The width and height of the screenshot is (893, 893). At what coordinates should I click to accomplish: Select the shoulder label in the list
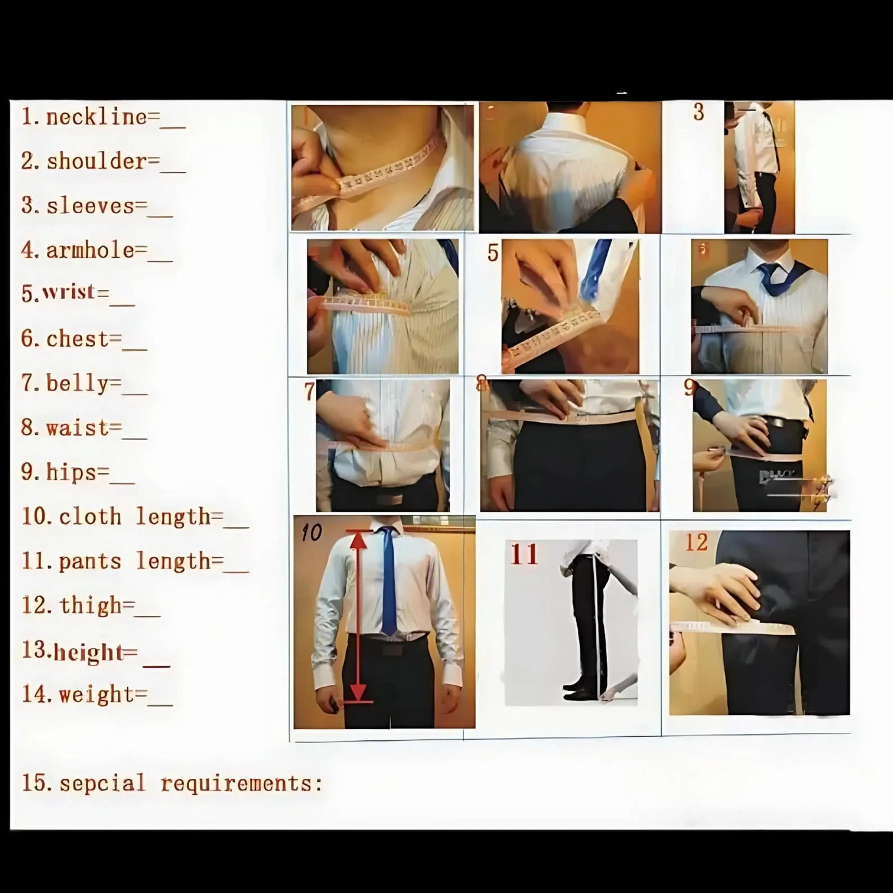(x=96, y=161)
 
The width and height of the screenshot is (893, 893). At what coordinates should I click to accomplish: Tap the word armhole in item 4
(x=90, y=250)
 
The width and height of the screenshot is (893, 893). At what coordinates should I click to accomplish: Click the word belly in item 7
(x=77, y=384)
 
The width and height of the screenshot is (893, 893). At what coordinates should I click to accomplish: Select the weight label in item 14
(x=96, y=695)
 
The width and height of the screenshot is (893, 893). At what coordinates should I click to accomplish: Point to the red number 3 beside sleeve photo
(x=698, y=112)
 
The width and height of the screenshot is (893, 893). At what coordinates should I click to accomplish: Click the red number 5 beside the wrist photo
(x=493, y=253)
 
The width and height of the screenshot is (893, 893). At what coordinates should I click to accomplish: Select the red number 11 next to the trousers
(x=524, y=554)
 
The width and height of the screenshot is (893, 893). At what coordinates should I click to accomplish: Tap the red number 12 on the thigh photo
(x=696, y=543)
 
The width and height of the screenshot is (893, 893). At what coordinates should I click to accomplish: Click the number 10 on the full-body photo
(x=311, y=532)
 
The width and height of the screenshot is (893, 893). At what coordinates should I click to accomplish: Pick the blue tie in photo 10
(x=388, y=581)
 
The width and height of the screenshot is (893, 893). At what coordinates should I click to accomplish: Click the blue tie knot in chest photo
(x=769, y=270)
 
